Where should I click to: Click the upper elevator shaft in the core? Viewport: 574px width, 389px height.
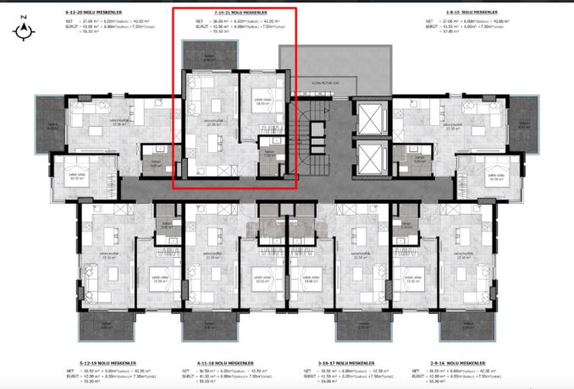click(369, 119)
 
